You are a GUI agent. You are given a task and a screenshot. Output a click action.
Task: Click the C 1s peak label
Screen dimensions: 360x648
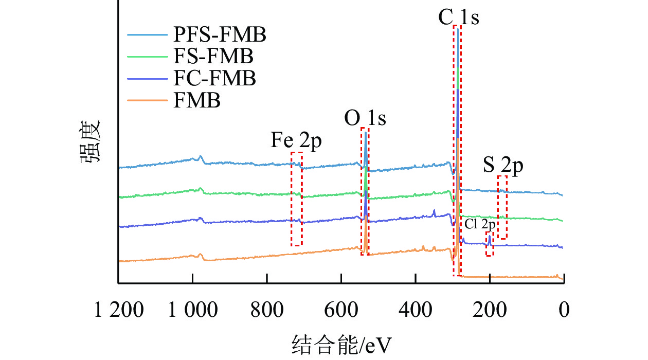coord(458,19)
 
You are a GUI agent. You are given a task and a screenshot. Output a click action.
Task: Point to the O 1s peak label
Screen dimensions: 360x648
coord(365,119)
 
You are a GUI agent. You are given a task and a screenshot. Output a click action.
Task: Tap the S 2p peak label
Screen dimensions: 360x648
coord(502,166)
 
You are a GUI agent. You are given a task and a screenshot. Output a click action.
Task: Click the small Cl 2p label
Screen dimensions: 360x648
coord(480,225)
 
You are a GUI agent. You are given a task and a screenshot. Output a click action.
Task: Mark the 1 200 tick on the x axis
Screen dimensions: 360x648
coord(118,311)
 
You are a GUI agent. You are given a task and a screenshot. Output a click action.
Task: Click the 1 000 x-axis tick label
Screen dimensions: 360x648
coord(192,311)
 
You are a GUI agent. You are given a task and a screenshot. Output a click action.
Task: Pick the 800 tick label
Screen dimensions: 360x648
coord(267,311)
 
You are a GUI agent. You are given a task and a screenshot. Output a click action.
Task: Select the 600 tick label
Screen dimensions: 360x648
coord(341,311)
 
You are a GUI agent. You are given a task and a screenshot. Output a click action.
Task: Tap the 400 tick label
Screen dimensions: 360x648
coord(415,311)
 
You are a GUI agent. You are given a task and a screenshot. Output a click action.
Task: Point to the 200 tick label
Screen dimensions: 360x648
coord(490,311)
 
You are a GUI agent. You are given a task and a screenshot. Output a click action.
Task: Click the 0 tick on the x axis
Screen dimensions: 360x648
coord(564,311)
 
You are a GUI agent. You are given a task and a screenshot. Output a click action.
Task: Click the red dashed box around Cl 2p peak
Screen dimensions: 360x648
coord(490,244)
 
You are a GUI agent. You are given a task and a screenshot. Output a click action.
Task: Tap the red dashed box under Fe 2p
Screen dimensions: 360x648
coord(296,199)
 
